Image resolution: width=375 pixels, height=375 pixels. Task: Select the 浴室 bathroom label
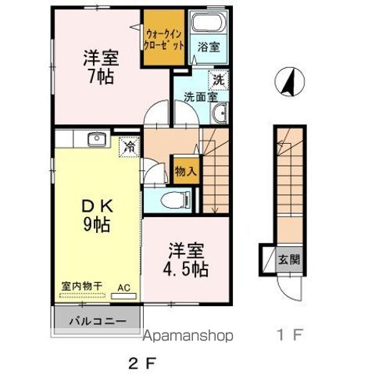[x=208, y=47]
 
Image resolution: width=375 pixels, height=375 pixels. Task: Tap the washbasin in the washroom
[x=219, y=116]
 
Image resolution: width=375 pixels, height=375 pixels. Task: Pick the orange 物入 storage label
[x=185, y=170]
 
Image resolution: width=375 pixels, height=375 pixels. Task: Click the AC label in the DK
[x=123, y=287]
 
